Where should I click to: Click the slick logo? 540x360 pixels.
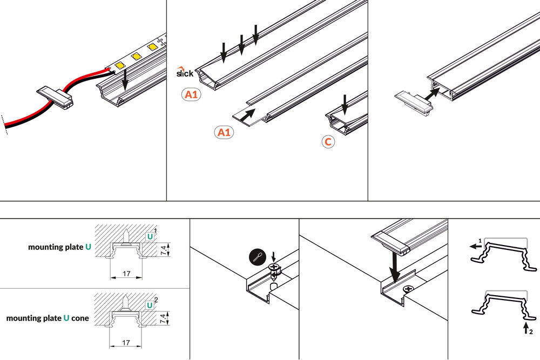click(x=185, y=72)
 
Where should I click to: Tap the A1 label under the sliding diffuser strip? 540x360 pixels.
click(x=224, y=132)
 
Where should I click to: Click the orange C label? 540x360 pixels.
click(x=328, y=142)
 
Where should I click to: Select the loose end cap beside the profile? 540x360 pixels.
click(x=415, y=101)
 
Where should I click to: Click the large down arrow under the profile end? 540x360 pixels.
click(x=395, y=267)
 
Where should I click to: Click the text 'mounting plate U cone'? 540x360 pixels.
click(x=48, y=318)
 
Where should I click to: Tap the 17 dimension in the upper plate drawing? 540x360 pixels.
click(x=125, y=274)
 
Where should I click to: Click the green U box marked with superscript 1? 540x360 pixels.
click(x=150, y=236)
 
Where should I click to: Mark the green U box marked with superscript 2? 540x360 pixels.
click(x=150, y=305)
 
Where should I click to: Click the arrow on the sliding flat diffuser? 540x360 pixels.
click(x=249, y=113)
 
